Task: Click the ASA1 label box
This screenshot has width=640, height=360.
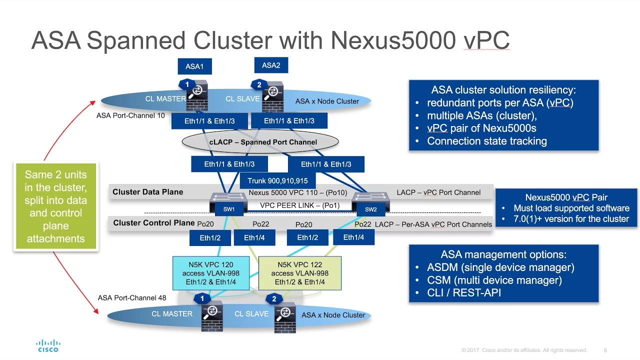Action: click(x=194, y=66)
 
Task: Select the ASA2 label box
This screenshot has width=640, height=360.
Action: click(x=271, y=65)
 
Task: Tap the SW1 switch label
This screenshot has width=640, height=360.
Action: click(x=229, y=209)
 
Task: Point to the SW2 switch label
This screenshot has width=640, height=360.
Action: click(x=371, y=209)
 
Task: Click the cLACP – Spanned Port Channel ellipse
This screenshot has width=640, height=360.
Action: click(x=260, y=141)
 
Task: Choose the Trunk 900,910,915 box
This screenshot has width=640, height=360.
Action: click(x=277, y=181)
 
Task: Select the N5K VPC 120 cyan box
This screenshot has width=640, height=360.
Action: click(x=211, y=273)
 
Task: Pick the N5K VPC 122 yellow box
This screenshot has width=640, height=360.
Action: click(x=299, y=273)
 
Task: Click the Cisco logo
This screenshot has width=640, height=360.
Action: click(x=48, y=345)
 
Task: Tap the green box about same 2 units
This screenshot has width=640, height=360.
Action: click(x=55, y=206)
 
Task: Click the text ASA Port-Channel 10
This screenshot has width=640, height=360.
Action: click(x=130, y=115)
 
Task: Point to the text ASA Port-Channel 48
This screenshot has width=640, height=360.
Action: click(x=132, y=297)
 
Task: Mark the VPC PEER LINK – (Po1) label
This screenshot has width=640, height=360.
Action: click(x=299, y=205)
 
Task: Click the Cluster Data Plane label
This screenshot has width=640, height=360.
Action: click(x=147, y=192)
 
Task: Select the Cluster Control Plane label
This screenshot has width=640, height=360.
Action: click(x=153, y=223)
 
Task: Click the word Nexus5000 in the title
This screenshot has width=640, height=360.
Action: click(x=393, y=40)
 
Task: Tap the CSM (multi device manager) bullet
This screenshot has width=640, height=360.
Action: click(x=494, y=280)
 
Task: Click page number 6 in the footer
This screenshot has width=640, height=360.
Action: click(x=605, y=350)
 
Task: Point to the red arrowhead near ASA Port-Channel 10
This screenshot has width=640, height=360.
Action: click(x=93, y=102)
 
